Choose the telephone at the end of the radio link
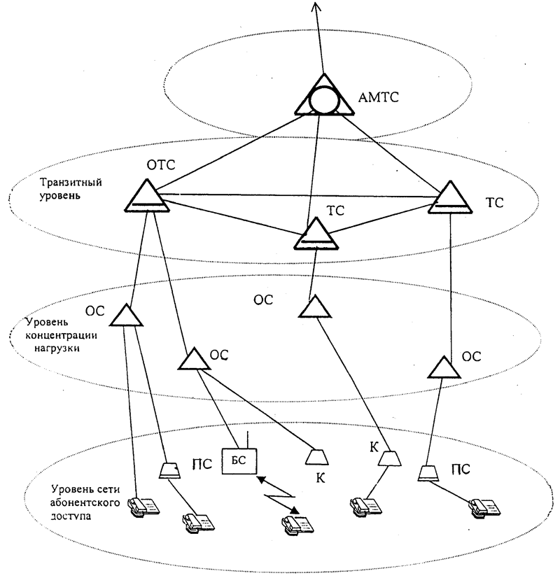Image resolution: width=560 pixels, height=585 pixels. [290, 521]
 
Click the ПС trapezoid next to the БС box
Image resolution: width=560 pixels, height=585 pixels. [169, 470]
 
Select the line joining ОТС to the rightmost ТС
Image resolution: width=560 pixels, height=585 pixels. [294, 195]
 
